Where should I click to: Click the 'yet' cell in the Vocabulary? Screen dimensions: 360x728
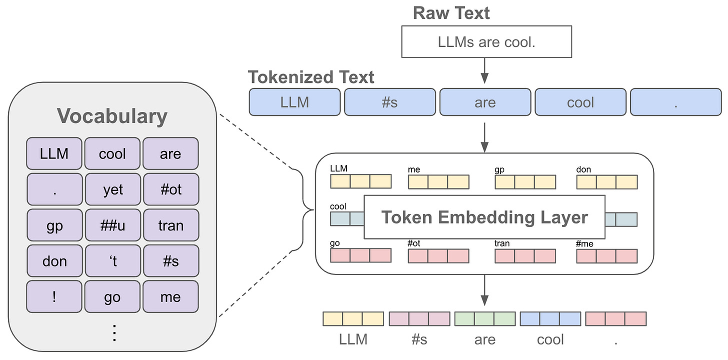[112, 189]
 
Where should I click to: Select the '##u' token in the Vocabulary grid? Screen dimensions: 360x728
[112, 225]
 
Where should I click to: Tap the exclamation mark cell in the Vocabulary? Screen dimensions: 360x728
[54, 297]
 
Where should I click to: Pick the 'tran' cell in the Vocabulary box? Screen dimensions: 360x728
[170, 225]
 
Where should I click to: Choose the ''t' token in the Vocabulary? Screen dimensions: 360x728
[112, 261]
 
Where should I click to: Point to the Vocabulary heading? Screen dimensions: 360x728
[112, 116]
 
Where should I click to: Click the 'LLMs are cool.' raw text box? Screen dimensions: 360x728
[486, 42]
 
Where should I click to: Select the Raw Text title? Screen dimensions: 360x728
[451, 13]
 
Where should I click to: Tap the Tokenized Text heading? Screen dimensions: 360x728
[311, 77]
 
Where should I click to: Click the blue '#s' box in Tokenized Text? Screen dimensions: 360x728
[390, 102]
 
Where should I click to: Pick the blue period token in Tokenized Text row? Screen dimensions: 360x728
[675, 102]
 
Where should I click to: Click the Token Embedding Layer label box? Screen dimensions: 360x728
[484, 217]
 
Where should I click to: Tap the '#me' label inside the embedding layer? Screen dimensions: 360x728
[585, 243]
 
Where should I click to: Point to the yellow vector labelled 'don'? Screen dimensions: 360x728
[606, 181]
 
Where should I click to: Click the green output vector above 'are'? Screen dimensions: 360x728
[484, 319]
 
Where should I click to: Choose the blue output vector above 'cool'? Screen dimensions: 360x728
[550, 319]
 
